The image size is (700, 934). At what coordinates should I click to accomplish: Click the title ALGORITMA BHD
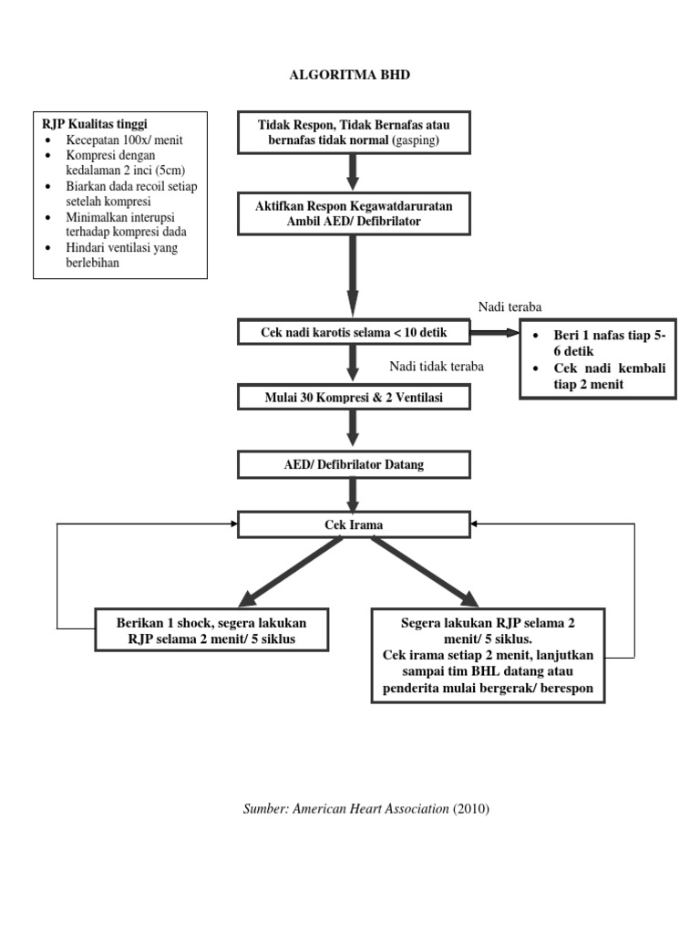pyautogui.click(x=349, y=75)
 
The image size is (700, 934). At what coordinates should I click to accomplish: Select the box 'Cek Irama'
pyautogui.click(x=354, y=524)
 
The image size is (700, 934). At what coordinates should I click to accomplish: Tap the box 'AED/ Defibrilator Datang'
pyautogui.click(x=354, y=465)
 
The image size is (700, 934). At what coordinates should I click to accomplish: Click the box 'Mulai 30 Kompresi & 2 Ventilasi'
pyautogui.click(x=354, y=399)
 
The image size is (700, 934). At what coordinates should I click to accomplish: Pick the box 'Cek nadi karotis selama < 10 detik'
pyautogui.click(x=354, y=333)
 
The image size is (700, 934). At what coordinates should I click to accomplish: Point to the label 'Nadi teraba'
pyautogui.click(x=510, y=306)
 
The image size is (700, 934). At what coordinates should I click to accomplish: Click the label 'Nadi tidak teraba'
pyautogui.click(x=437, y=367)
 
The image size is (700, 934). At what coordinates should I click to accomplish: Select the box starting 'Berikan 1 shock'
pyautogui.click(x=211, y=630)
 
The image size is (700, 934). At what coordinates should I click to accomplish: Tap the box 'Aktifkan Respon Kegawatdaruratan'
pyautogui.click(x=354, y=213)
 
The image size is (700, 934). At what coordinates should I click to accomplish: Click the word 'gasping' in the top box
pyautogui.click(x=416, y=142)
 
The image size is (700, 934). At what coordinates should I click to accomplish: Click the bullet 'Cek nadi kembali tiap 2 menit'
pyautogui.click(x=609, y=376)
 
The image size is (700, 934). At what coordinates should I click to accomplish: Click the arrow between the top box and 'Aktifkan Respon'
pyautogui.click(x=354, y=172)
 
